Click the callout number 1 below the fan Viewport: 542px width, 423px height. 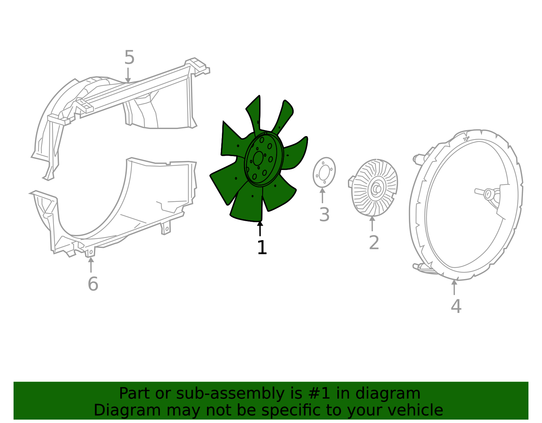click(262, 247)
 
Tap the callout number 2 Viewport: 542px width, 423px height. click(374, 242)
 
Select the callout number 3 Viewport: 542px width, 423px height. click(325, 214)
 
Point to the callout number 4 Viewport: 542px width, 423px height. click(456, 306)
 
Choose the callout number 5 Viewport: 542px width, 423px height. click(129, 57)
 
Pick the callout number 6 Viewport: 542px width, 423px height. click(93, 284)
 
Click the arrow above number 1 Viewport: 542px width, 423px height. click(260, 228)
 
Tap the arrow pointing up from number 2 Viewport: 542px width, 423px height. click(372, 224)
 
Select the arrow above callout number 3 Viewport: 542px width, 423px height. click(322, 195)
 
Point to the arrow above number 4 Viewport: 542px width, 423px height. click(454, 288)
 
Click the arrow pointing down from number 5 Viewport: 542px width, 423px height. click(128, 75)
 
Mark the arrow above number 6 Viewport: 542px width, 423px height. click(91, 265)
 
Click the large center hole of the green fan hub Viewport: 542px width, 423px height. click(258, 158)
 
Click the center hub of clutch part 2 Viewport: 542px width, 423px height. click(377, 189)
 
